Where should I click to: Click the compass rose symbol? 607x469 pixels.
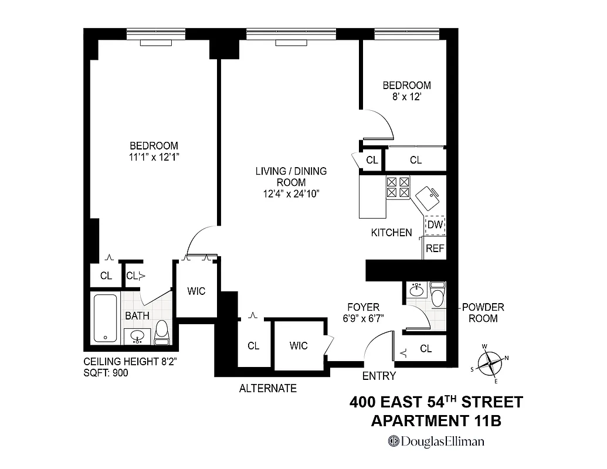coord(489,363)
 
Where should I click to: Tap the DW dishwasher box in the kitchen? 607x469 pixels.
coord(435,225)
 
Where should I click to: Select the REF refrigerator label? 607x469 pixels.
coord(435,249)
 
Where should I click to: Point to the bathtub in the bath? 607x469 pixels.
coord(106,318)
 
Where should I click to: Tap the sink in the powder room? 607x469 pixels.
coord(417,290)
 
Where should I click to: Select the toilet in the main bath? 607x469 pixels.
coord(162,332)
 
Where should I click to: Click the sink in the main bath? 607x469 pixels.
coord(138,337)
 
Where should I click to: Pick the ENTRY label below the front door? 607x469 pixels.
coord(379,376)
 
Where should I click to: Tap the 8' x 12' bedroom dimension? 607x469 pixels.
coord(406,97)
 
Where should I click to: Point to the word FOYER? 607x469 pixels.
coord(363,307)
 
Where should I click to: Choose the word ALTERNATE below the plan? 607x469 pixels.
coord(267,388)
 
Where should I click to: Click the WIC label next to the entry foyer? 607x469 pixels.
coord(299,346)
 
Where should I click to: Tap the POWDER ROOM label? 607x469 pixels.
coord(483,313)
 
